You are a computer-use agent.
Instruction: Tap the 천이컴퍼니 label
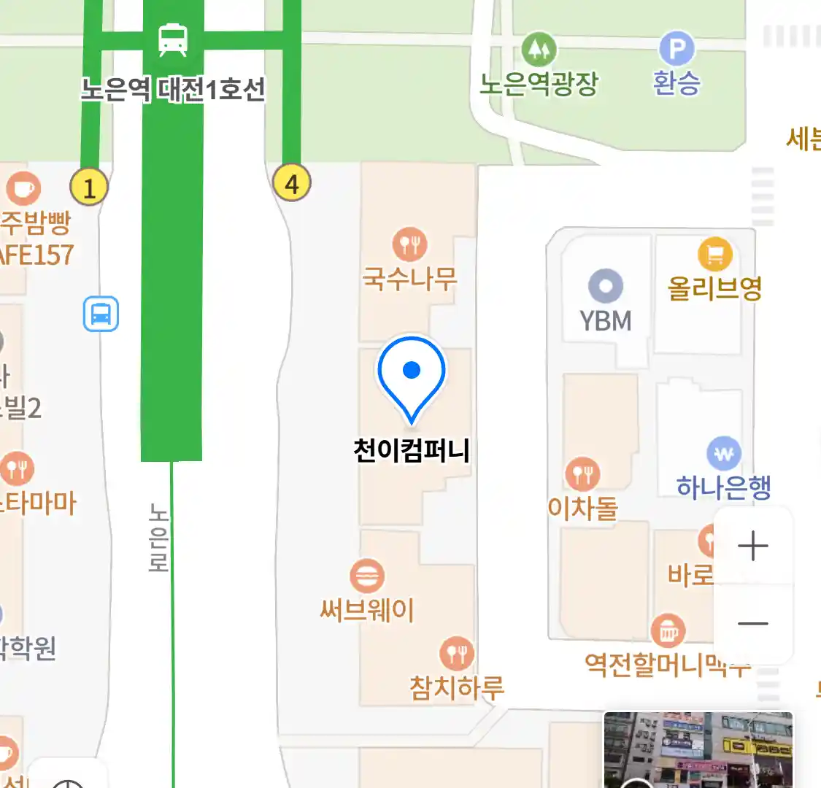click(412, 450)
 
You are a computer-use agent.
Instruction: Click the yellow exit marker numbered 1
click(89, 187)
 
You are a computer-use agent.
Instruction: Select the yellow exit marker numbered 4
click(291, 182)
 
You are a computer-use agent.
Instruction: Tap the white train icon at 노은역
click(173, 39)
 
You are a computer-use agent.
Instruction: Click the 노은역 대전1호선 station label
click(173, 90)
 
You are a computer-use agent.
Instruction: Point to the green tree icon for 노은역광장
click(539, 49)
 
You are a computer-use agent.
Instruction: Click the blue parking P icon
click(677, 49)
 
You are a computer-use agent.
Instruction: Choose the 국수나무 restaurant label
click(409, 278)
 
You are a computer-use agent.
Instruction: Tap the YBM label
click(605, 320)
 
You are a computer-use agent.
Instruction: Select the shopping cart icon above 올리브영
click(714, 255)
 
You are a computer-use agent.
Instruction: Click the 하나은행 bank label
click(723, 486)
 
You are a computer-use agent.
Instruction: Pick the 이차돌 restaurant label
click(582, 507)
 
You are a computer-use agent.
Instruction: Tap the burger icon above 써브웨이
click(367, 576)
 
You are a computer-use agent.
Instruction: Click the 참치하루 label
click(457, 687)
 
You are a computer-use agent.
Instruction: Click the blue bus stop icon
click(101, 314)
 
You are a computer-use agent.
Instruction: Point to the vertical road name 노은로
click(158, 537)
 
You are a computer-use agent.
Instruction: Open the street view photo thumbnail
click(698, 749)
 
